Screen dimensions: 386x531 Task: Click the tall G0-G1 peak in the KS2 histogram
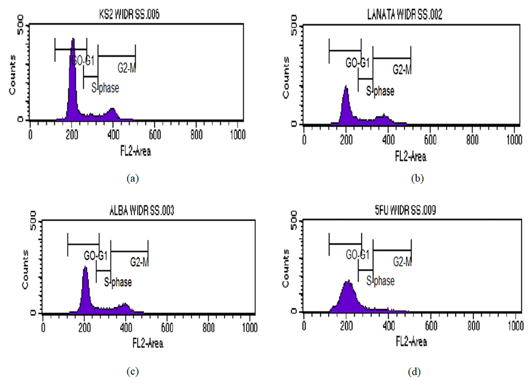73,80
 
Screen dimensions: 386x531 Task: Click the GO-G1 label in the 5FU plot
357,256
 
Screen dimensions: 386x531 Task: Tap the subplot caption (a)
132,179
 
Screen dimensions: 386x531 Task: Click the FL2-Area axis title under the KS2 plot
135,152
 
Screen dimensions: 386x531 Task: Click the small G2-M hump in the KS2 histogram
112,113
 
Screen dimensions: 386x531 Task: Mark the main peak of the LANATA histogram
346,104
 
